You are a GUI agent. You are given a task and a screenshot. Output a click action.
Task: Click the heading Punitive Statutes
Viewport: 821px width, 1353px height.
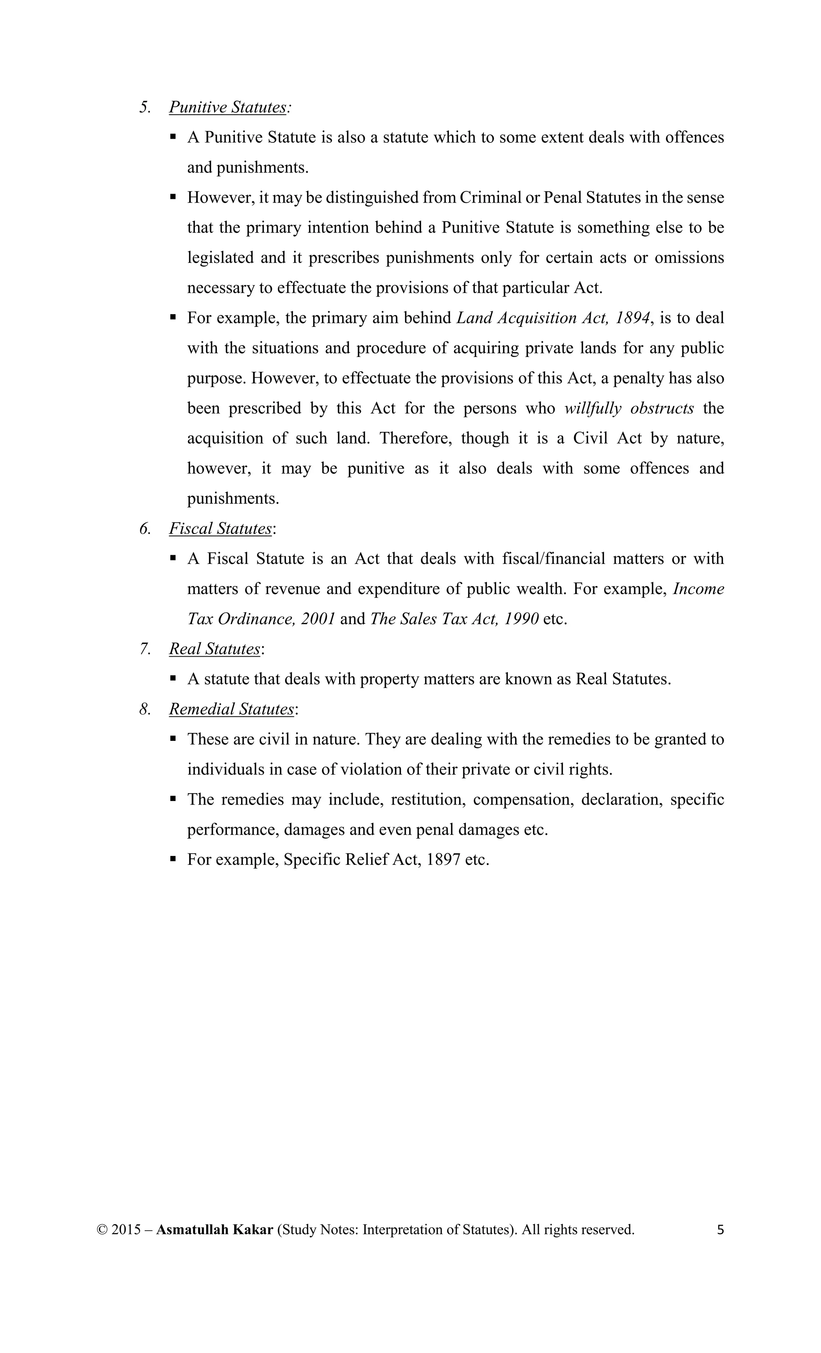227,107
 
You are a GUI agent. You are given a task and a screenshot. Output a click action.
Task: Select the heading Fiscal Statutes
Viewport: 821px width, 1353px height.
220,528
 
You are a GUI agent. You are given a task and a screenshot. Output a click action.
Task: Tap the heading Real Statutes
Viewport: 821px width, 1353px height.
214,649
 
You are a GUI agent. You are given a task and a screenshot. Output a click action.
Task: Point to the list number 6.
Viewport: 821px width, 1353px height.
145,528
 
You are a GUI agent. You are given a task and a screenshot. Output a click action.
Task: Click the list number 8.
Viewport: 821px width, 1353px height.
145,709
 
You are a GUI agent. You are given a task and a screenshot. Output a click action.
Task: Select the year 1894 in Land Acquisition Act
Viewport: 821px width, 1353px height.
632,318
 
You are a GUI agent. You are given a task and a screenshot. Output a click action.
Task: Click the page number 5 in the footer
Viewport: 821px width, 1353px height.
720,1229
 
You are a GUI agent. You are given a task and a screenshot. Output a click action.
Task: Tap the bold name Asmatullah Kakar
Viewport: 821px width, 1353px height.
214,1229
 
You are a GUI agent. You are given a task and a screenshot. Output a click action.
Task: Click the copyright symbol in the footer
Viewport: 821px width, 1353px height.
102,1230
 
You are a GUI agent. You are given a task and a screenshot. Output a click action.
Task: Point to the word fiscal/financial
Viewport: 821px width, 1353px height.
553,558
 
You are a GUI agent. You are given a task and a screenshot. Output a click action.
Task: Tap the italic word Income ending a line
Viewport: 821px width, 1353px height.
698,588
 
